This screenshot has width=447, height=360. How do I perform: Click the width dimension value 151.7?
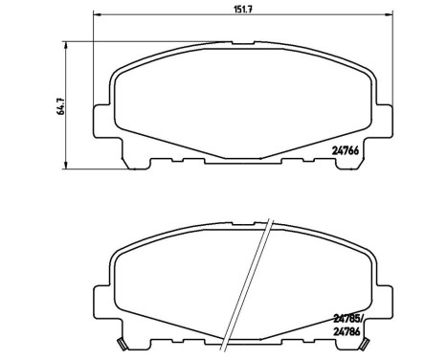point(230,10)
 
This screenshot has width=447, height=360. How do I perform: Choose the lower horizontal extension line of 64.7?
point(86,161)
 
